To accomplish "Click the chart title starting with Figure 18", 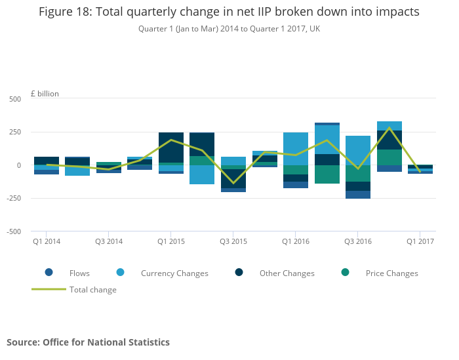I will coord(229,12).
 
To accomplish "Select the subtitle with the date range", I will coord(229,29).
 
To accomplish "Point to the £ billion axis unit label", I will coord(45,94).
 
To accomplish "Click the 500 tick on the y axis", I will coord(14,99).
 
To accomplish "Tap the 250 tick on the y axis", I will coord(14,132).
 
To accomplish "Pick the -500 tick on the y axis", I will coord(13,231).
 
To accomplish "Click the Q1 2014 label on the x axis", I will coord(47,242).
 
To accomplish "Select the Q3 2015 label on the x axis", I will coord(233,242).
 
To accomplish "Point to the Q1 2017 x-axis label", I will coord(420,242).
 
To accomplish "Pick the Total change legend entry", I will coord(92,290).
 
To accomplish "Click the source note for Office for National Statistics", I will coord(88,342).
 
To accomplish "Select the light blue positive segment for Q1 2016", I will coord(296,149).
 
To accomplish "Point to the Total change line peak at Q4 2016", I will coord(389,128).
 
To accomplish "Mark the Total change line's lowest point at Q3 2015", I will coord(233,184).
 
